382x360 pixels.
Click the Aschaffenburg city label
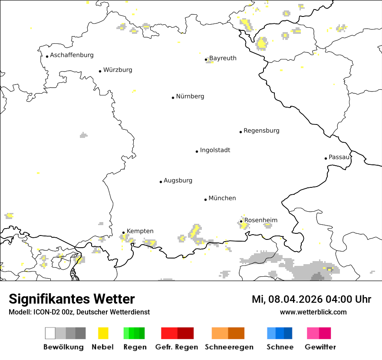(x=72, y=55)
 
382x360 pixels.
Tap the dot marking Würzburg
(x=100, y=71)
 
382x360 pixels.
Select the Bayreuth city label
(x=223, y=58)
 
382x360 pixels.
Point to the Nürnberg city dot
(x=173, y=98)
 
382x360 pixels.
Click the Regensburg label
(x=261, y=131)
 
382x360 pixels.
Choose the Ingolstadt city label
(x=215, y=150)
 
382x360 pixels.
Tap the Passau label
(x=339, y=157)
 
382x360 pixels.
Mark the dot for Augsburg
(x=161, y=182)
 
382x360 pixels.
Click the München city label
(x=222, y=198)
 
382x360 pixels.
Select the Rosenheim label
(x=260, y=220)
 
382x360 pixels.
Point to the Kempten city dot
(x=123, y=232)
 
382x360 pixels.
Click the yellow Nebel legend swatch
(x=103, y=333)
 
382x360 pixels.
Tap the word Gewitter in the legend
(x=320, y=347)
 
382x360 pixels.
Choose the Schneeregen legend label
(x=229, y=347)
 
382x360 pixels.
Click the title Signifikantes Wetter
(x=72, y=299)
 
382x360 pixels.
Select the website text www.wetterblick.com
(x=313, y=312)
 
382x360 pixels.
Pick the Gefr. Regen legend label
(x=177, y=347)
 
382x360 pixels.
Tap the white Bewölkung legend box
(x=50, y=333)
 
